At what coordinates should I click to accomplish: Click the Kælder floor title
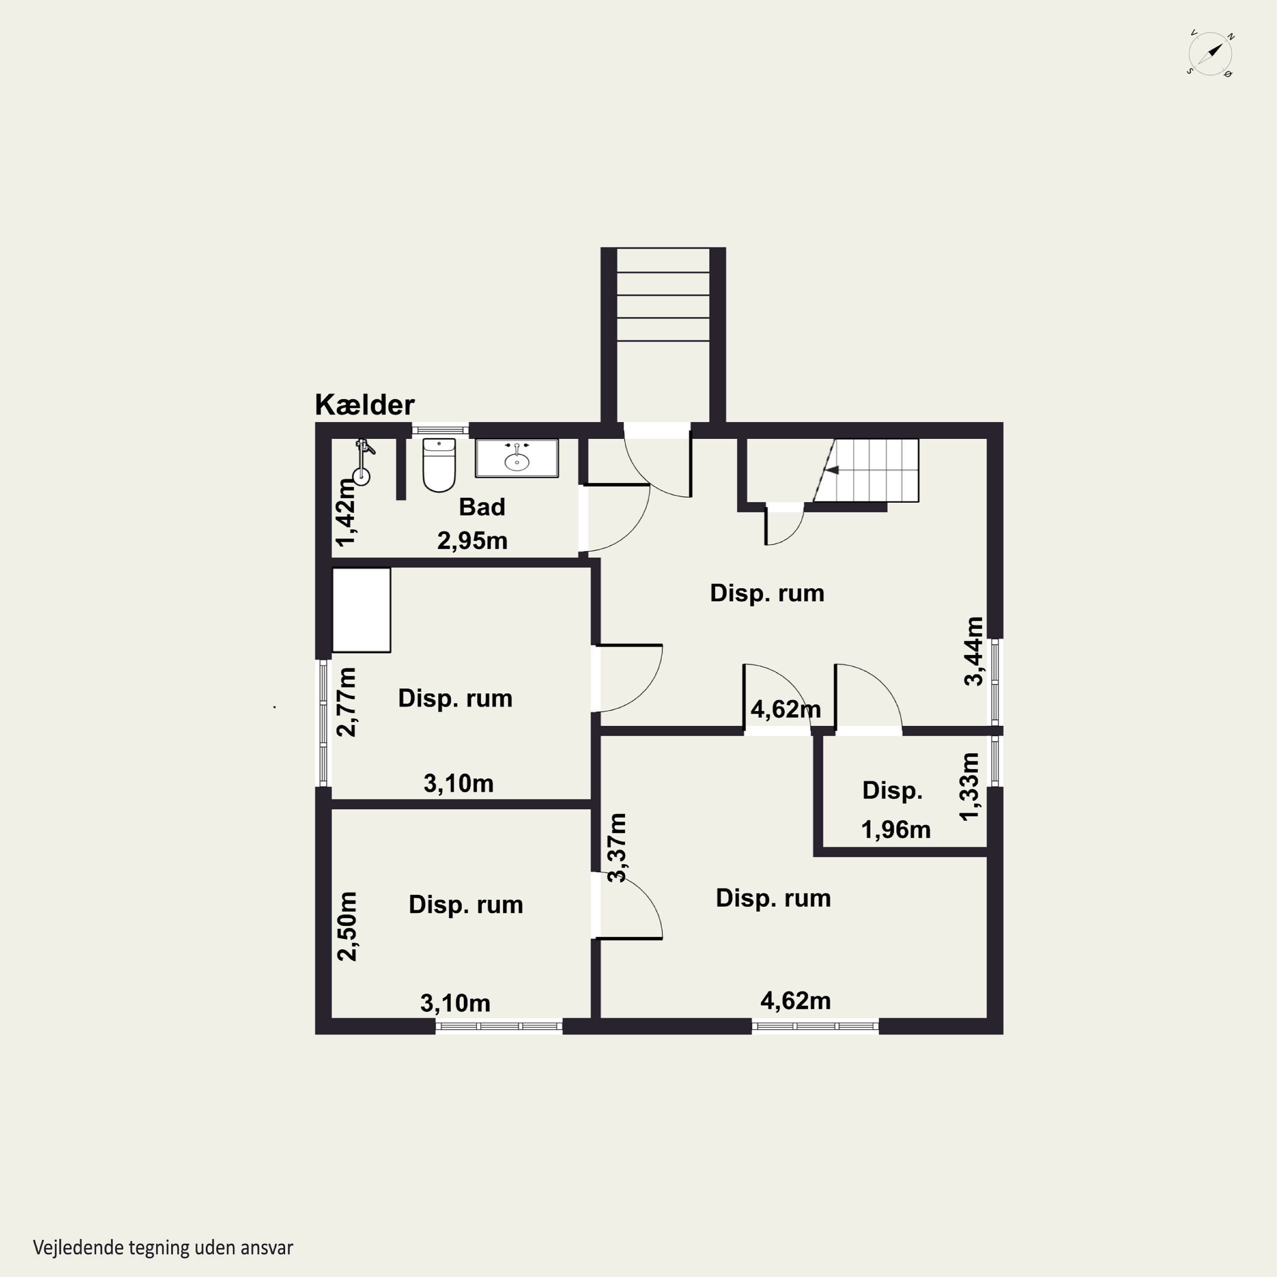[x=364, y=404]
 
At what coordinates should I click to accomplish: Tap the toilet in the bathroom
[x=439, y=465]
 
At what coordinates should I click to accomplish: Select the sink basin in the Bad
[x=517, y=458]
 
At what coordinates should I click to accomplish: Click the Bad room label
[x=482, y=507]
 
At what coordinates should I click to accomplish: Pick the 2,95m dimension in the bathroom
[x=472, y=541]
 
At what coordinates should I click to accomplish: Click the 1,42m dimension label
[x=346, y=512]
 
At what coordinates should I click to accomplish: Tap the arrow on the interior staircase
[x=831, y=470]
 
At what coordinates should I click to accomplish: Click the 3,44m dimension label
[x=973, y=651]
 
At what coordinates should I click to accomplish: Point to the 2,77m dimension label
[x=346, y=702]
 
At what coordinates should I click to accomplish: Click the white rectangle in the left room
[x=361, y=610]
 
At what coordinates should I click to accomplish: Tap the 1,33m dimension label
[x=968, y=787]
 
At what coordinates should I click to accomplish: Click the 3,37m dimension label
[x=617, y=848]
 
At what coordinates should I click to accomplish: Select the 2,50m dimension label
[x=346, y=926]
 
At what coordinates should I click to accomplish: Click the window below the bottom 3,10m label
[x=499, y=1026]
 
